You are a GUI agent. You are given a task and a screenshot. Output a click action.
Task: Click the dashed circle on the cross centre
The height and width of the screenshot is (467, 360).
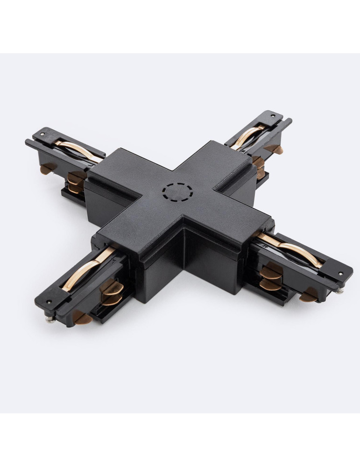tap(177, 191)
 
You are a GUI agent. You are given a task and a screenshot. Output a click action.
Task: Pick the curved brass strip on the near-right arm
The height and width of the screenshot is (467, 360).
tap(292, 250)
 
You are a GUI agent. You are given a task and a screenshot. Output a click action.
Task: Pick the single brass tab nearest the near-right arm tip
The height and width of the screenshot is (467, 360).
tap(309, 294)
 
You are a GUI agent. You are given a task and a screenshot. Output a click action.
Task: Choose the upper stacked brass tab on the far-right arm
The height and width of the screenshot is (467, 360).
tap(258, 162)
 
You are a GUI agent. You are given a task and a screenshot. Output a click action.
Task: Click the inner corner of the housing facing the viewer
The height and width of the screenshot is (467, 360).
tap(183, 229)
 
